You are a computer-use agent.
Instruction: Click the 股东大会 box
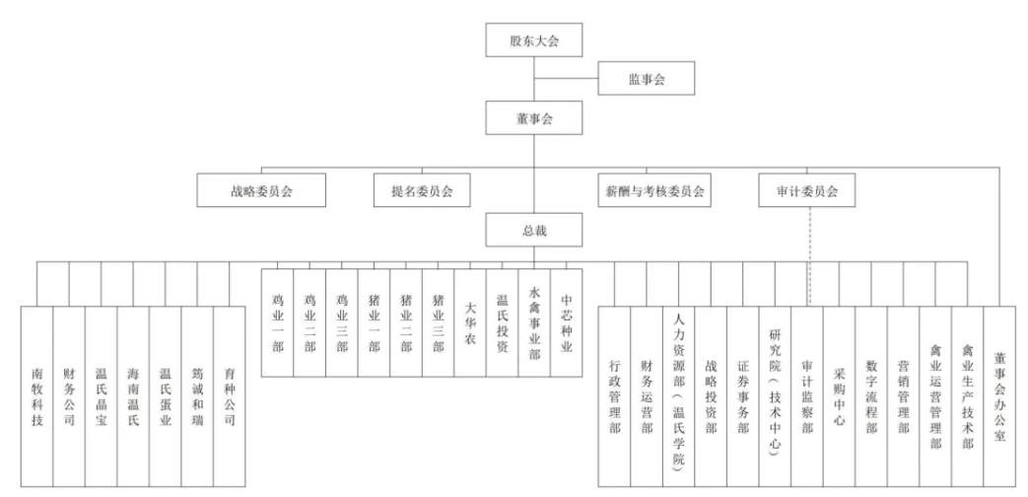534,40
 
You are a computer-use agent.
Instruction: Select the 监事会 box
646,78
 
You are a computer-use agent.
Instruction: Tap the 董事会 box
534,117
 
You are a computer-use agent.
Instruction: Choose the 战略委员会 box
261,190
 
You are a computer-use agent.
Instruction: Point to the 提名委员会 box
422,190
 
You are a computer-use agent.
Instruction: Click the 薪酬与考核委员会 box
654,190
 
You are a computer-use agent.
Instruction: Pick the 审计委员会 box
807,190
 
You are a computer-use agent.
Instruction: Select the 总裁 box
534,230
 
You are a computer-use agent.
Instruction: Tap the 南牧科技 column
36,396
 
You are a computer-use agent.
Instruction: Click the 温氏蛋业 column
166,396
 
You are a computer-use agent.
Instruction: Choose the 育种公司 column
230,396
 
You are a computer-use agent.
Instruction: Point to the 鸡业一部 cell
277,322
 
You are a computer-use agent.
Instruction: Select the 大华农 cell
470,322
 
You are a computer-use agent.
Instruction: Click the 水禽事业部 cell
534,322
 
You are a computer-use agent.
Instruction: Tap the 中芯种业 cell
567,322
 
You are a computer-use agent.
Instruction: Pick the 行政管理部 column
614,396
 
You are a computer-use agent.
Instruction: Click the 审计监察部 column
807,396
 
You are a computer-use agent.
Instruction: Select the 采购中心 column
839,396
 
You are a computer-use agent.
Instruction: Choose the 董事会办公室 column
999,396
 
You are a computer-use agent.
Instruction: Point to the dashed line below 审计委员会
810,256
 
